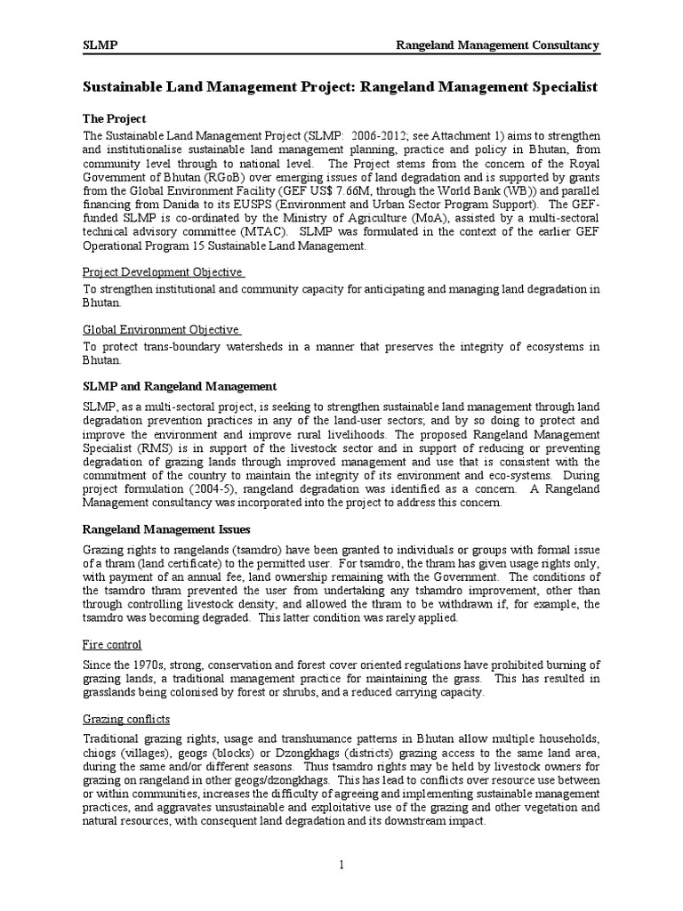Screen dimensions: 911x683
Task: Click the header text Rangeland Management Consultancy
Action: [x=497, y=45]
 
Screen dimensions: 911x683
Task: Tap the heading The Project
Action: [x=114, y=118]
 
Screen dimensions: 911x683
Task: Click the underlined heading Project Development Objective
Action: [x=163, y=271]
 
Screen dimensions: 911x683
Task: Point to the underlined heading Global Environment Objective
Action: [x=162, y=330]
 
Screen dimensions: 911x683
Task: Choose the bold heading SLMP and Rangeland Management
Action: [x=180, y=386]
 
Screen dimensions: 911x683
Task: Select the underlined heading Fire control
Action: [x=112, y=644]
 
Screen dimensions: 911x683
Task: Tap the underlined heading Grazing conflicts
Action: [x=126, y=718]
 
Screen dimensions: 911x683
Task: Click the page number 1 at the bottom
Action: [x=341, y=864]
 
